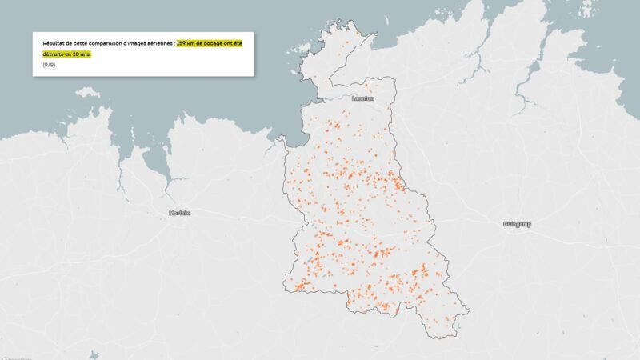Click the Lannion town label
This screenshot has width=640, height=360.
[368, 98]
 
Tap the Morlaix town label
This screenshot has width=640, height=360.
[179, 213]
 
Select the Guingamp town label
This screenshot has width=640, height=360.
[517, 224]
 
